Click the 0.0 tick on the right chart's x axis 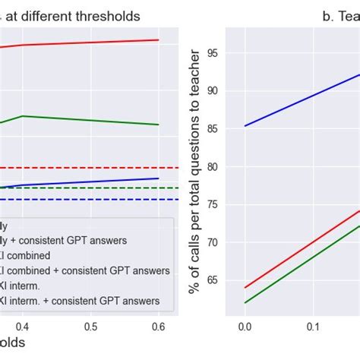tap(245, 326)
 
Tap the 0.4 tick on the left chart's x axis tap(23, 326)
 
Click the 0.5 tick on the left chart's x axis tap(90, 326)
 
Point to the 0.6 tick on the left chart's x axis tap(158, 326)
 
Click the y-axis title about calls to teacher tap(196, 171)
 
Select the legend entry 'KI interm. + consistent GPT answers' tap(84, 301)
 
